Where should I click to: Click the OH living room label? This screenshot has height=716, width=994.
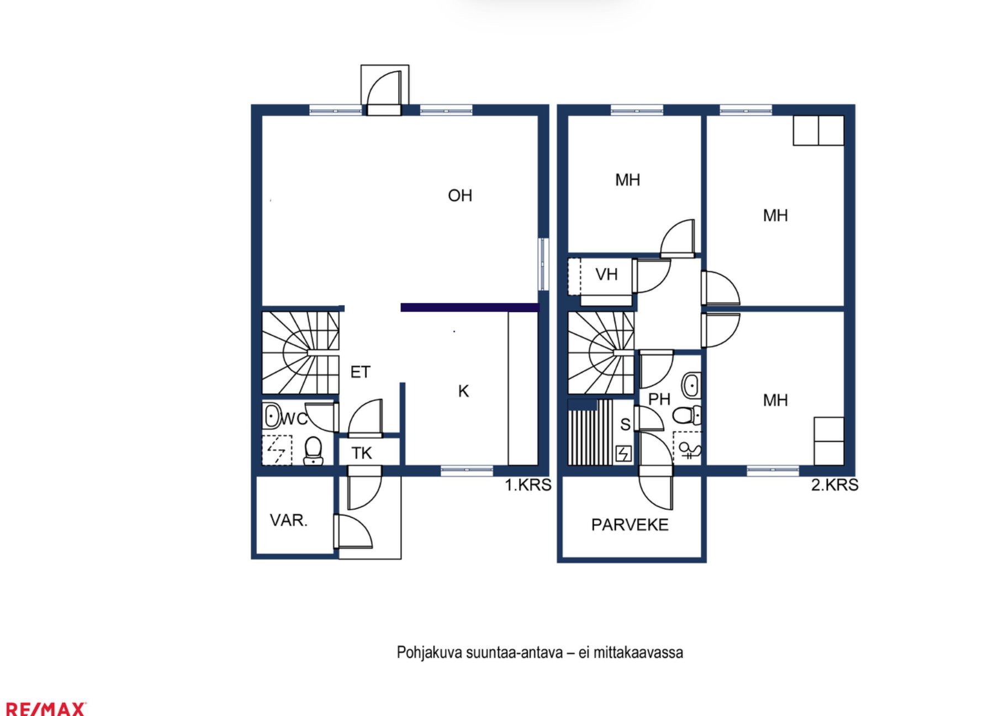[460, 196]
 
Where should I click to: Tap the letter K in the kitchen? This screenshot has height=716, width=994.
[464, 391]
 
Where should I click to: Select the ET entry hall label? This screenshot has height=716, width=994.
[361, 372]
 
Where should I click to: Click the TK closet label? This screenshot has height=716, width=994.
[362, 453]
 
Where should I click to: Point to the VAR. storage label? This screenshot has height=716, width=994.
[289, 520]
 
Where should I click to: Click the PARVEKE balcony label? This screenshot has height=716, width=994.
[630, 525]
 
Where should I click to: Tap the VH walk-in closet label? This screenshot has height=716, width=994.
[606, 274]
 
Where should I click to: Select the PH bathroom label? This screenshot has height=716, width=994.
[659, 399]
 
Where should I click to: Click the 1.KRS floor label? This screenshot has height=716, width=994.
[528, 485]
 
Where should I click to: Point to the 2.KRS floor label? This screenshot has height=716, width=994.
[835, 485]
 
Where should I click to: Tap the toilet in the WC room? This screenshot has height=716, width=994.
[313, 451]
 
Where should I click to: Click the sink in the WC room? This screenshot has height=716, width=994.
[272, 415]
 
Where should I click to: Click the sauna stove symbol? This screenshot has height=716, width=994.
[623, 454]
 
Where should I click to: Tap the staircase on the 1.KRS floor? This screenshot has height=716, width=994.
[300, 352]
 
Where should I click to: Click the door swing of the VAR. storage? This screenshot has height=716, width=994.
[353, 531]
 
